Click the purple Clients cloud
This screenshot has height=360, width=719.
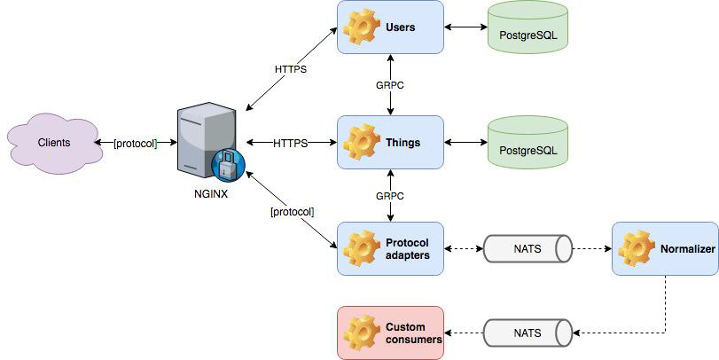point(54,143)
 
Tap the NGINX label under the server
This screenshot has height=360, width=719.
point(211,193)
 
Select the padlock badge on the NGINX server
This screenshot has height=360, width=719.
point(228,165)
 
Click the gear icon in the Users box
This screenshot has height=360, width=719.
point(362,27)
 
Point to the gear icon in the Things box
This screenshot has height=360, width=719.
point(362,142)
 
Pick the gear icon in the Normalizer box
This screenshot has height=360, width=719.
point(637,249)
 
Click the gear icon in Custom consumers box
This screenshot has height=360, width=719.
point(362,333)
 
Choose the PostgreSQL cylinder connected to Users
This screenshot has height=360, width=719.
point(528,27)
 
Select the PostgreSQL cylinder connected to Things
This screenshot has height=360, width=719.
point(528,143)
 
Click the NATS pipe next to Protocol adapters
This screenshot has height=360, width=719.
point(528,249)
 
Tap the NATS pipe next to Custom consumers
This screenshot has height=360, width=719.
point(528,333)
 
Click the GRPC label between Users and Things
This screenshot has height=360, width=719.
point(390,85)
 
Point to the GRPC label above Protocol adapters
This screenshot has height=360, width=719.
point(390,196)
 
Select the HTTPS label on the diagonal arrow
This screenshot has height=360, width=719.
point(290,70)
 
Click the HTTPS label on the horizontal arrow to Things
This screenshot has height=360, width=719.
point(290,143)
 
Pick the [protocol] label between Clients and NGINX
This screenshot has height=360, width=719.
point(136,144)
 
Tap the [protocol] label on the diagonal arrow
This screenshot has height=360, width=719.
point(292,212)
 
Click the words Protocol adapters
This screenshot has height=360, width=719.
point(408,249)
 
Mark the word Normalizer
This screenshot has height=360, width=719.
point(687,249)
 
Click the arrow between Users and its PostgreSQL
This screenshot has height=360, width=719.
point(465,27)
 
